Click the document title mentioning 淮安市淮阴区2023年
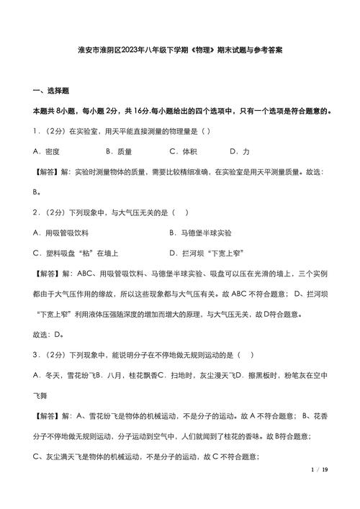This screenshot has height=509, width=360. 179,51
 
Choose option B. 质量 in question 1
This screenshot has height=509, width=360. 119,152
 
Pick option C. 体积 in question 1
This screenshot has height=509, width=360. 183,152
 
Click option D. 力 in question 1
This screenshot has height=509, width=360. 240,152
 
